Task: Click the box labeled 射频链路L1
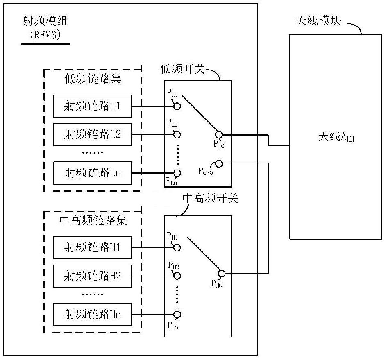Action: tap(93, 106)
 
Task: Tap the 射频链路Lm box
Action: tap(93, 172)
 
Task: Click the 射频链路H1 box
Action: tap(93, 247)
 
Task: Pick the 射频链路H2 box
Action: tap(93, 276)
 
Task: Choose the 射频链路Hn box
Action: tap(93, 314)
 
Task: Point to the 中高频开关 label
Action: tap(210, 199)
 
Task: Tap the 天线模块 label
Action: tap(318, 21)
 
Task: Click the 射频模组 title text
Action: tap(45, 22)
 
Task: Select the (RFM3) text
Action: tap(45, 35)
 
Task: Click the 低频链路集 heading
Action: tap(93, 79)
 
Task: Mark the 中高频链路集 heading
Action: tap(93, 221)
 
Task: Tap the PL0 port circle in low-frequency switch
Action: tap(219, 134)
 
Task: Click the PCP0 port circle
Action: tap(219, 164)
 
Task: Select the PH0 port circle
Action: tap(222, 273)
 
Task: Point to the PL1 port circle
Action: tap(177, 106)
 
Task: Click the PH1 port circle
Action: tap(177, 247)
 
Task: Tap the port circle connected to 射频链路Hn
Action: tap(177, 315)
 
